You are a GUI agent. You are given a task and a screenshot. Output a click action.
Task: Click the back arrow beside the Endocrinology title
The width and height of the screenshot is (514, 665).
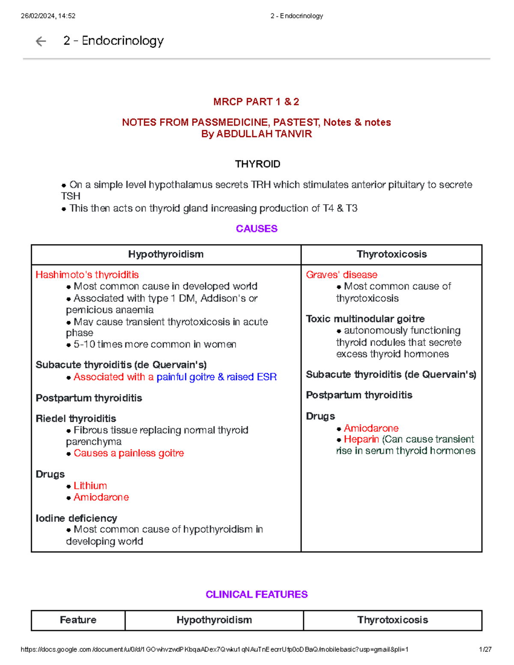pos(41,41)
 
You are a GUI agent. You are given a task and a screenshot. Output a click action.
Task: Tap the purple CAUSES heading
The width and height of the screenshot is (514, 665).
pos(257,229)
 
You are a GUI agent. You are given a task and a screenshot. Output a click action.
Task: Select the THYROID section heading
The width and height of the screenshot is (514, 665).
pos(257,164)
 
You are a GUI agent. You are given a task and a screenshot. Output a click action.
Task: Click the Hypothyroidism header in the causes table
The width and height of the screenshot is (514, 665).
pos(166,254)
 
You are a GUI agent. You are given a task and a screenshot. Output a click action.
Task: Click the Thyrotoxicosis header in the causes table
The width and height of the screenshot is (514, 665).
pos(391,254)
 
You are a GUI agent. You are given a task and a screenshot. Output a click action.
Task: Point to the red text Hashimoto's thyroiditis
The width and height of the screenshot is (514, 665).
pos(87,274)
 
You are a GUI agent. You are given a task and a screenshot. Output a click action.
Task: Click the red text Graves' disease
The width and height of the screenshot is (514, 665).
pos(341,274)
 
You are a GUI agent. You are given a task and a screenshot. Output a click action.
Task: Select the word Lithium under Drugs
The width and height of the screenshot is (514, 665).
pos(90,486)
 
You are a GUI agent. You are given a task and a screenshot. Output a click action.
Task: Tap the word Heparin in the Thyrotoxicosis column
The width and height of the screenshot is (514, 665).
pos(361,439)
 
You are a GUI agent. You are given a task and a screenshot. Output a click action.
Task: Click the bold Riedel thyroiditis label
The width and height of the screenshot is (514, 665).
pos(76,418)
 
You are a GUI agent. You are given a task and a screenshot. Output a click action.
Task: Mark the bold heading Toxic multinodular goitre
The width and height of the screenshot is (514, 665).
pos(365,319)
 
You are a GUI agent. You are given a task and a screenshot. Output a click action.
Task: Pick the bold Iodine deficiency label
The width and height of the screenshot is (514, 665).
pos(76,518)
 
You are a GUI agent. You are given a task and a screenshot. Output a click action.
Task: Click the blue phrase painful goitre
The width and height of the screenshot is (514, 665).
pos(185,377)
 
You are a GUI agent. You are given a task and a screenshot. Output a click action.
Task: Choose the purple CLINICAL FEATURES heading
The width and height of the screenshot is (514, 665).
pos(257,594)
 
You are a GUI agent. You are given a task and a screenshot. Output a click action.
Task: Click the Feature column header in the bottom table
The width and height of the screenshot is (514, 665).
pos(78,620)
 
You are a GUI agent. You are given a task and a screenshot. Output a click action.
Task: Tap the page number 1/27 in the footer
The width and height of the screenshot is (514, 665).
pos(485,649)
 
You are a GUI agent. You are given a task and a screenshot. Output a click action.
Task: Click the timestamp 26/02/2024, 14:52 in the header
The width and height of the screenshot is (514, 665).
pos(48,16)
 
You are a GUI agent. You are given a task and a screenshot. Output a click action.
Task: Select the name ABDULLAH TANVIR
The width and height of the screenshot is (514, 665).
pos(264,134)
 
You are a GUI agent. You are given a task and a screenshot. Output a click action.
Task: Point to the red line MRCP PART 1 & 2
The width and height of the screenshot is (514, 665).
pos(256,102)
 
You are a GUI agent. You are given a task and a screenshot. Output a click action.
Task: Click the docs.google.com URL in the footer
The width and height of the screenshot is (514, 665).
pos(214,649)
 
